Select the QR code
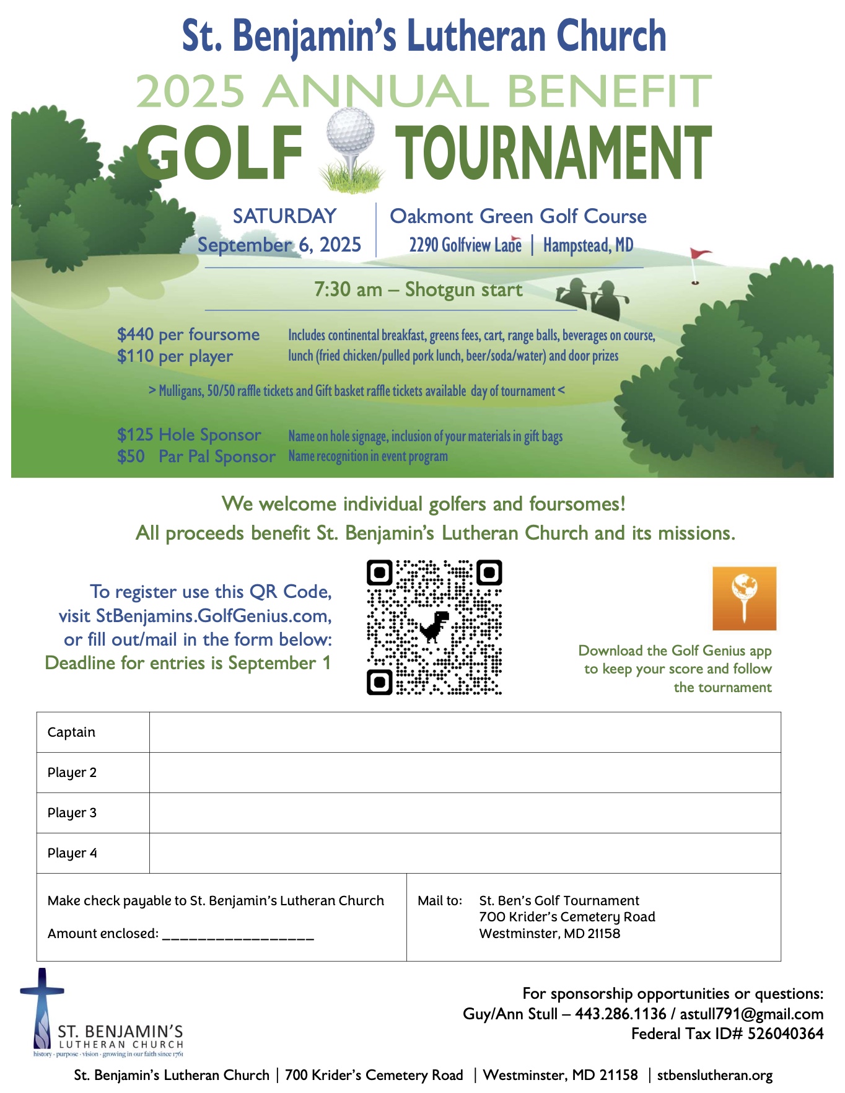[434, 627]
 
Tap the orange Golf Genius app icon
[744, 598]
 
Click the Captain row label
[71, 732]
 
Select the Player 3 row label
[72, 813]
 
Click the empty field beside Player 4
[465, 853]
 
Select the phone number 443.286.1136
[620, 1014]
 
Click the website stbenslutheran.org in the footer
[714, 1075]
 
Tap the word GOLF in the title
[219, 153]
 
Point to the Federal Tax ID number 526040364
[786, 1034]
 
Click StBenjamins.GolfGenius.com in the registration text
[214, 616]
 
